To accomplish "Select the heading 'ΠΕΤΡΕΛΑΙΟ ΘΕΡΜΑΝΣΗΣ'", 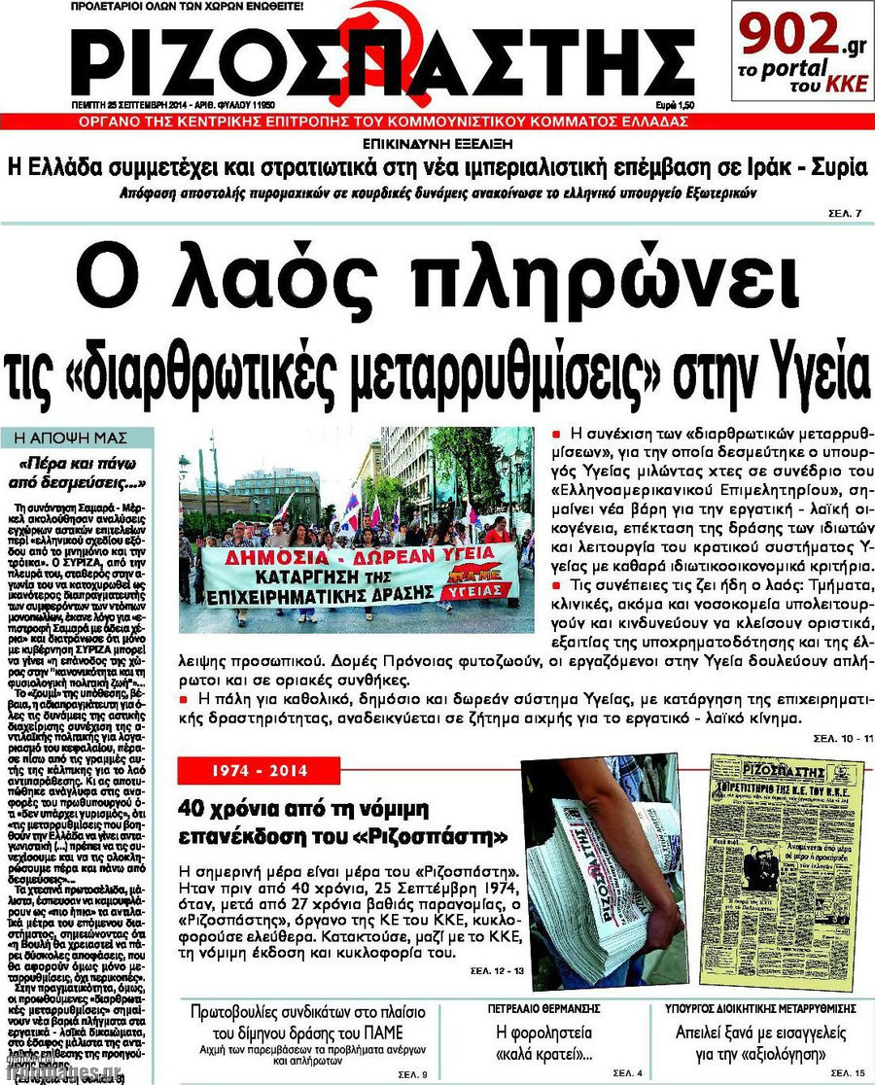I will [543, 1008].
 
